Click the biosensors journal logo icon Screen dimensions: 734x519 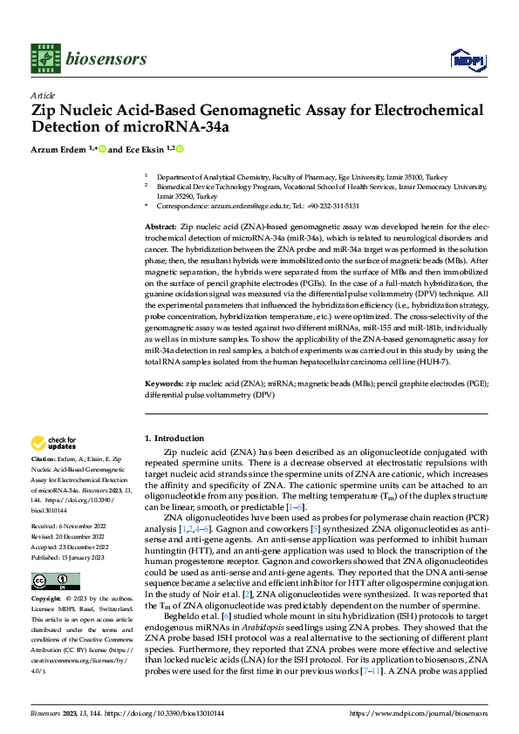tap(44, 58)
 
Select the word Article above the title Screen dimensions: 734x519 tap(43, 95)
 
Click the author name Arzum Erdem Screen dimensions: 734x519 tap(60, 149)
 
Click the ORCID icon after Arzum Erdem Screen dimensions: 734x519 tap(102, 149)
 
